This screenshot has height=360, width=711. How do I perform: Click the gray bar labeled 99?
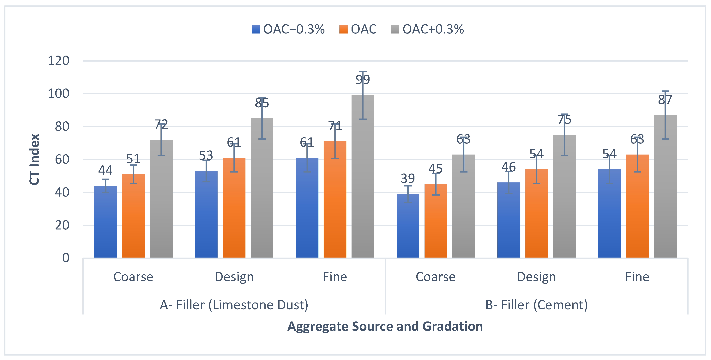(363, 176)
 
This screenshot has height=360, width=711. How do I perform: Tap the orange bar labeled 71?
(335, 200)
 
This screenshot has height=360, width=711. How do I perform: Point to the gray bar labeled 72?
(161, 199)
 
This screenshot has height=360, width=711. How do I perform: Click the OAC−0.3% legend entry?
(288, 29)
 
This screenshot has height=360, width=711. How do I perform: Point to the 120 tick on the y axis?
(58, 60)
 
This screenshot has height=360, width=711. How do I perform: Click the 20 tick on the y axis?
(62, 225)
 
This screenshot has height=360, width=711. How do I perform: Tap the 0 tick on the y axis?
(66, 258)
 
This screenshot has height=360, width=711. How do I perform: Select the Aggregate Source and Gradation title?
(385, 326)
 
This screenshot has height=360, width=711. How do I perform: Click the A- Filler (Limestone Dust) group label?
(234, 305)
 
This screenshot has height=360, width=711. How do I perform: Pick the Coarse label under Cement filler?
(436, 277)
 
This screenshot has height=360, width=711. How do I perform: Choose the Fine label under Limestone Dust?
(335, 277)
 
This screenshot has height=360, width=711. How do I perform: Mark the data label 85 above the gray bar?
(262, 103)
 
